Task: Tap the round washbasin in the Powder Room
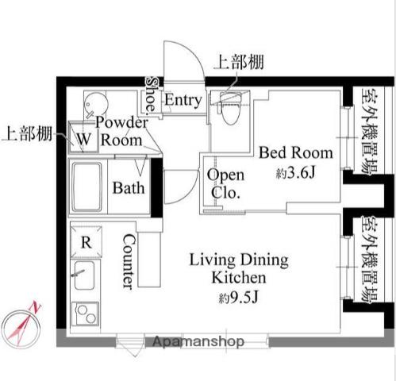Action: click(x=96, y=104)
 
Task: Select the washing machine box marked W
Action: click(x=83, y=137)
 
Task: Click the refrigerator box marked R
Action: click(x=87, y=242)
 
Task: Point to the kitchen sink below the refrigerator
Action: click(x=83, y=275)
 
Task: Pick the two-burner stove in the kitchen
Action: click(x=85, y=314)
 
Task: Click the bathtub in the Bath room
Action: click(x=87, y=187)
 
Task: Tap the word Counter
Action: click(x=129, y=261)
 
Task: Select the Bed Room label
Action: click(x=296, y=152)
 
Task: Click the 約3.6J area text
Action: click(x=296, y=173)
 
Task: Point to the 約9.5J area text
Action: click(x=238, y=298)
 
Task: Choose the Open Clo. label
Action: click(x=226, y=183)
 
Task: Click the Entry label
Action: click(x=183, y=100)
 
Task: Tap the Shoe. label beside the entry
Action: click(x=152, y=94)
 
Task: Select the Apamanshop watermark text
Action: click(x=198, y=341)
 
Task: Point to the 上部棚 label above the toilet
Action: click(x=240, y=63)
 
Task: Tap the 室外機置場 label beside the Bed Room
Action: click(x=370, y=132)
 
